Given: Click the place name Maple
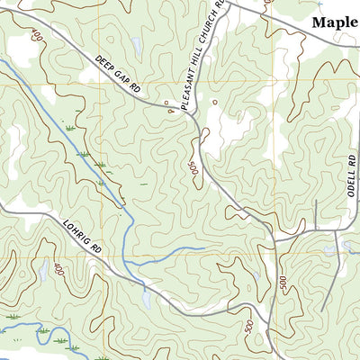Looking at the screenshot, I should click(x=333, y=22).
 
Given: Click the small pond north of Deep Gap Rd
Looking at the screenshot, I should click(x=135, y=45).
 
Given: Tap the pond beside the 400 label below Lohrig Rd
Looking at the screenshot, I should click(x=43, y=270).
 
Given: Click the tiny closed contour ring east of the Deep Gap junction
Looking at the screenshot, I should click(x=214, y=103).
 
